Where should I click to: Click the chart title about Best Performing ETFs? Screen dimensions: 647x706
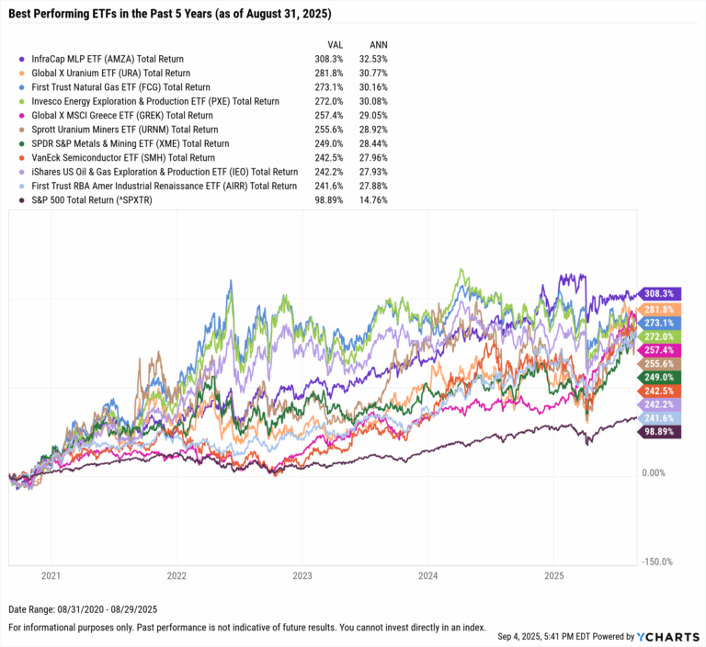pos(170,15)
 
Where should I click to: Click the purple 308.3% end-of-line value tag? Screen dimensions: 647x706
pos(659,294)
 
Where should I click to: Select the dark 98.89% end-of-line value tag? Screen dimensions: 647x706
pos(659,430)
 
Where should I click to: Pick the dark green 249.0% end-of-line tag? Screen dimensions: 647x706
pos(659,376)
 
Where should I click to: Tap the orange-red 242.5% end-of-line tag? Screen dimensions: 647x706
pos(659,391)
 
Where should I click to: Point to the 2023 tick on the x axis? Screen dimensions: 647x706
pos(302,575)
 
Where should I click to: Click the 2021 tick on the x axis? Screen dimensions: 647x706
pos(51,575)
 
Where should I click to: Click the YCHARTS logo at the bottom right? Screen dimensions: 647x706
pos(666,635)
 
